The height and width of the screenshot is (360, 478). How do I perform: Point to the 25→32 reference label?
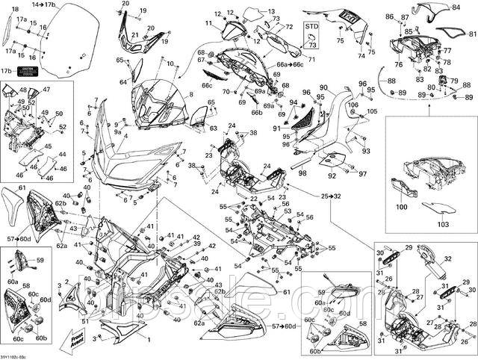coord(331,196)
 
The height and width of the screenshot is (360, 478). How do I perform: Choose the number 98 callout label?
coord(302,173)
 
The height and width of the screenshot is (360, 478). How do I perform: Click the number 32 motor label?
coord(450,258)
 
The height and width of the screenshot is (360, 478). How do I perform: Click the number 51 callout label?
coord(84,321)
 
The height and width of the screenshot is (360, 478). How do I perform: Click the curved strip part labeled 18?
coord(7,30)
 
